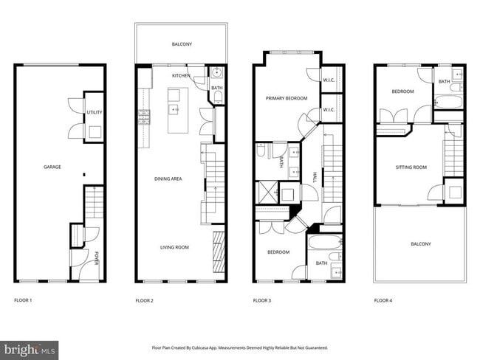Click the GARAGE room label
click(x=52, y=167)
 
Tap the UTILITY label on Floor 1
click(x=95, y=113)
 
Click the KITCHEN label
click(x=181, y=76)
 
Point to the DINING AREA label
click(x=168, y=179)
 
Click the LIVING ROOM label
click(x=174, y=247)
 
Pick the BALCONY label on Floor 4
click(x=420, y=244)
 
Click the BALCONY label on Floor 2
click(x=182, y=44)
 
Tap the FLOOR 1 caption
click(x=24, y=300)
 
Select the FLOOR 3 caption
click(x=263, y=300)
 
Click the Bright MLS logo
click(x=30, y=347)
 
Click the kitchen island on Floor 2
click(x=176, y=111)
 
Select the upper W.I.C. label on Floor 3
click(x=329, y=80)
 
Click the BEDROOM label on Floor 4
click(x=403, y=91)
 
